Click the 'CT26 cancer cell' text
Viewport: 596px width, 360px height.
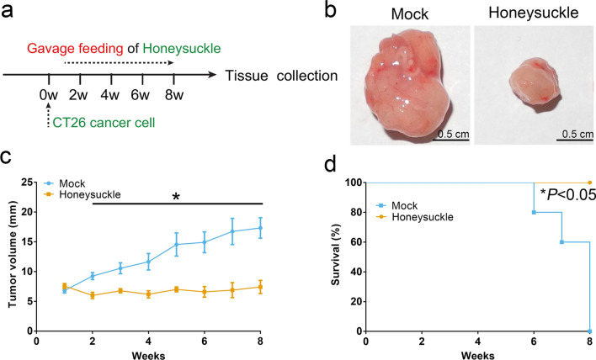(x=93, y=127)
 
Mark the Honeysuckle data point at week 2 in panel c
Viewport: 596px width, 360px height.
(x=93, y=295)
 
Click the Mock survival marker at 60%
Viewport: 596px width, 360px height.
(x=562, y=242)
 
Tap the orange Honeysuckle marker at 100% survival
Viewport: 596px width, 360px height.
(x=590, y=183)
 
